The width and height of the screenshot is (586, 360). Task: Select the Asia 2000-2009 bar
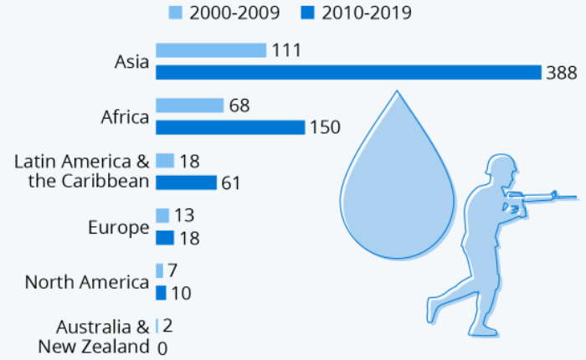[x=211, y=50]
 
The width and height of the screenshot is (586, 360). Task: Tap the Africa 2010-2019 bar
[x=230, y=127]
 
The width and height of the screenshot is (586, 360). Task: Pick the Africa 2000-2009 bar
[x=190, y=105]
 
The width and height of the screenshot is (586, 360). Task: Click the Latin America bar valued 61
[x=186, y=183]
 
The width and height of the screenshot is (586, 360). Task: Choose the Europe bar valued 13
[x=162, y=216]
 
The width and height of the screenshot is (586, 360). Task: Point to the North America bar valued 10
[x=161, y=293]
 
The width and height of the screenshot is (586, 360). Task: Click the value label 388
[x=560, y=73]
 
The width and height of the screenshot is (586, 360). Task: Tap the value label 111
[x=285, y=51]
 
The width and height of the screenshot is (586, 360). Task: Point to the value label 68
[x=239, y=106]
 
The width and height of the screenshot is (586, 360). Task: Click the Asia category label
[x=131, y=61]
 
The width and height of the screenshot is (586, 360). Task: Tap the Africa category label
[x=125, y=116]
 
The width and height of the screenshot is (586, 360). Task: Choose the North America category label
[x=87, y=282]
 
